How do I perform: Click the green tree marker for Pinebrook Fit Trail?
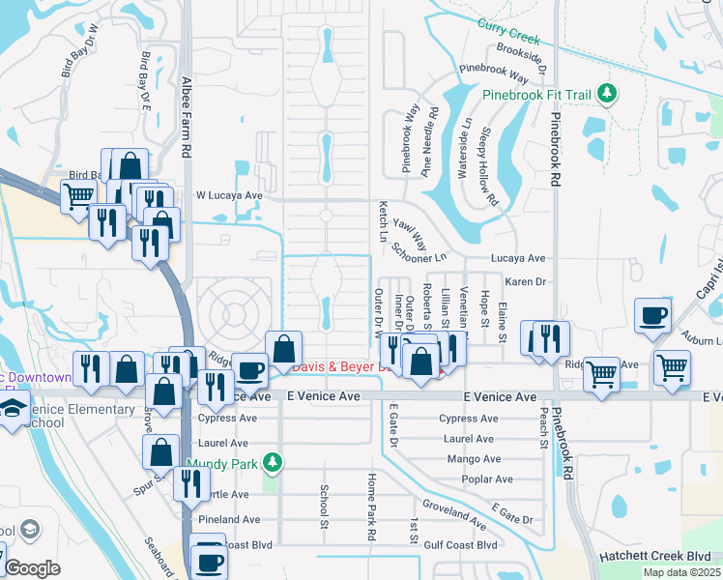(x=606, y=94)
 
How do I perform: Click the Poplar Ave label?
(x=488, y=479)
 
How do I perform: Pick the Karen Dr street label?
(x=526, y=282)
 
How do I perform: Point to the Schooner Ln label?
(x=419, y=251)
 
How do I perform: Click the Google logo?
(x=33, y=568)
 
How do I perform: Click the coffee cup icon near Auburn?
(x=652, y=315)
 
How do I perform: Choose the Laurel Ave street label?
(x=468, y=439)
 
